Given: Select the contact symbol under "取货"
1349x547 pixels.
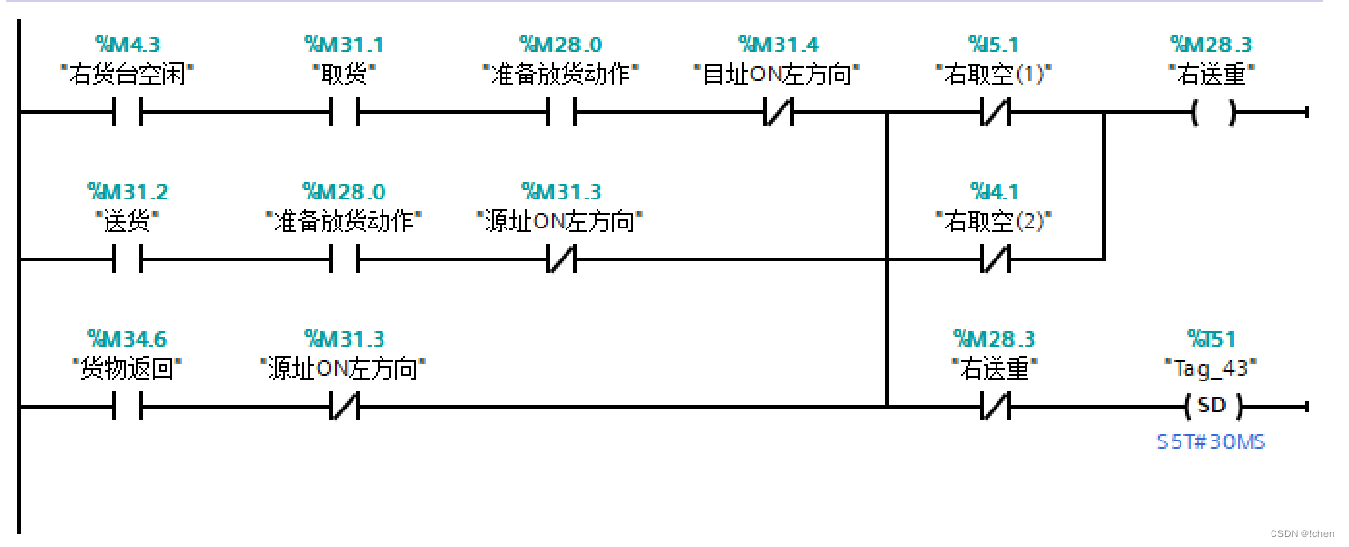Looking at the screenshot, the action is (345, 113).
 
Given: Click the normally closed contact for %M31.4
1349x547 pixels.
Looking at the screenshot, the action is (779, 113).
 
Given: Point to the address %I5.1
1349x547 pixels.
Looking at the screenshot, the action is (995, 45).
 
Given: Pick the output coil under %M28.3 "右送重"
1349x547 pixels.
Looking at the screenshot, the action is (1212, 113).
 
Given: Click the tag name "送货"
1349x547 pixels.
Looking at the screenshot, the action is (128, 222).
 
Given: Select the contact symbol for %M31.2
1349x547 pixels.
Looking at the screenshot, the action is (128, 259).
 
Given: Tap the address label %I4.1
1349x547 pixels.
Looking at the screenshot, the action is (995, 192).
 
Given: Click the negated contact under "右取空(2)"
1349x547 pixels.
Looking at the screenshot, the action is (996, 259).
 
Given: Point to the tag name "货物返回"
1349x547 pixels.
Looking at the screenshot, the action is (128, 369).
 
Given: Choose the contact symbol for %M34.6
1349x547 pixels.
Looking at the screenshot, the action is (128, 407).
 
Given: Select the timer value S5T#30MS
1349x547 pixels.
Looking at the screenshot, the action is (1211, 442).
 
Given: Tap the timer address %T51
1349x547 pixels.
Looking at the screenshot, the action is (1212, 339).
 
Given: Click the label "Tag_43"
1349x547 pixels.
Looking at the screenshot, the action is (1212, 369).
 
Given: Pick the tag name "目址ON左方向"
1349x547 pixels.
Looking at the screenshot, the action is (779, 75).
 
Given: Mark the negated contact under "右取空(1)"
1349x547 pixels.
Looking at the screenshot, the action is (996, 113).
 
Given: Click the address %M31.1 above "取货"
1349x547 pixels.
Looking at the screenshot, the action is (344, 45).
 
